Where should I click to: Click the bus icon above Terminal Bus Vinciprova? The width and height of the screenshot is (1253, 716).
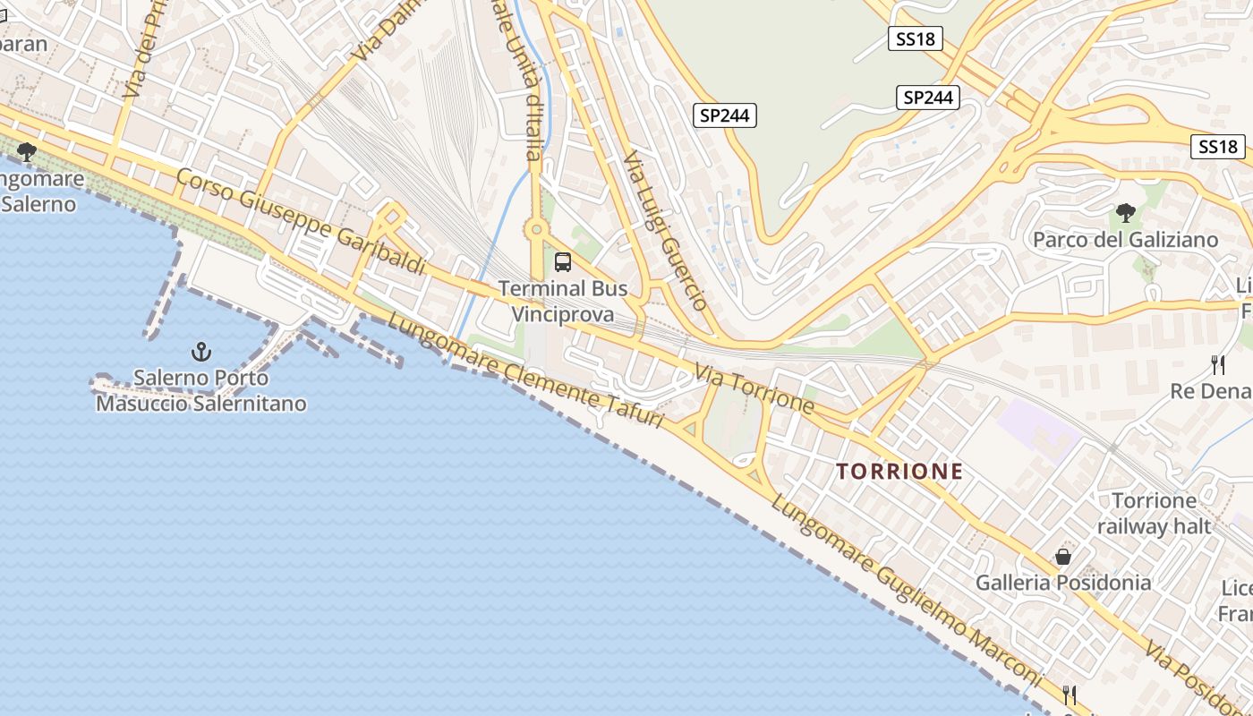click(562, 262)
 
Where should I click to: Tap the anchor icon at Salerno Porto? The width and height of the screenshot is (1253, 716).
click(201, 352)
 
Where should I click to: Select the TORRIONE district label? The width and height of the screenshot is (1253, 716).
click(899, 471)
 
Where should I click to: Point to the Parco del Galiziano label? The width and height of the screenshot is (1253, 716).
click(1125, 240)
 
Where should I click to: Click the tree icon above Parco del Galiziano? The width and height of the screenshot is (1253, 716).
click(1126, 213)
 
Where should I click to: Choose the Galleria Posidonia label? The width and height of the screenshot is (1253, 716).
click(1063, 583)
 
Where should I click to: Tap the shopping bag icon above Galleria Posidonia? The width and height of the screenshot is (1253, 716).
click(1063, 557)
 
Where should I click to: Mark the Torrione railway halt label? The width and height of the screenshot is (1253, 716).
click(1154, 513)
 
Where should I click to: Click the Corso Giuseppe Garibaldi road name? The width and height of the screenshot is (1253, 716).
click(299, 220)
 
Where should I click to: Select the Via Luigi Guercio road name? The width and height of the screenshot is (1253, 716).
click(666, 230)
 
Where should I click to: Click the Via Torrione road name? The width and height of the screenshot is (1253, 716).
click(754, 388)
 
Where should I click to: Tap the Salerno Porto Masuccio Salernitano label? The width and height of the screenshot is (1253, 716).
click(201, 391)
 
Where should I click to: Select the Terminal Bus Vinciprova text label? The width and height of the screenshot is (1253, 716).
click(562, 302)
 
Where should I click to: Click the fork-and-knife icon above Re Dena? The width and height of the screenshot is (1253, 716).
click(1217, 364)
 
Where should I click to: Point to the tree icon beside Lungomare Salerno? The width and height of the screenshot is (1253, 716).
click(27, 151)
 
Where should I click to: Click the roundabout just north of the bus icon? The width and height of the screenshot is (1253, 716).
click(537, 230)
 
